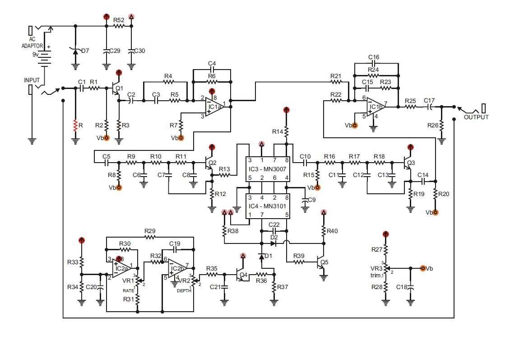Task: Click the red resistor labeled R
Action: pos(75,125)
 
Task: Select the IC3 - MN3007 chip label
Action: pos(269,169)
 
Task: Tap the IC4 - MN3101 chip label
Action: pos(269,206)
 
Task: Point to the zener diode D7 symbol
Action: pos(75,51)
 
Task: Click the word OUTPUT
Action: pos(476,117)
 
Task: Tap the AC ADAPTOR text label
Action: pos(32,42)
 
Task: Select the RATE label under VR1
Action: pos(129,291)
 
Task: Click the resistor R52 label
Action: pos(119,20)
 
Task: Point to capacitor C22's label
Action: pos(274,224)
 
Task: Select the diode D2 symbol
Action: pos(273,243)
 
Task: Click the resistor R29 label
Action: pos(150,230)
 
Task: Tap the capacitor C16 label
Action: pos(374,57)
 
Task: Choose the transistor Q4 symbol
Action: pos(241,274)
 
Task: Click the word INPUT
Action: pos(32,80)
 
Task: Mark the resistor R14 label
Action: pos(278,131)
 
